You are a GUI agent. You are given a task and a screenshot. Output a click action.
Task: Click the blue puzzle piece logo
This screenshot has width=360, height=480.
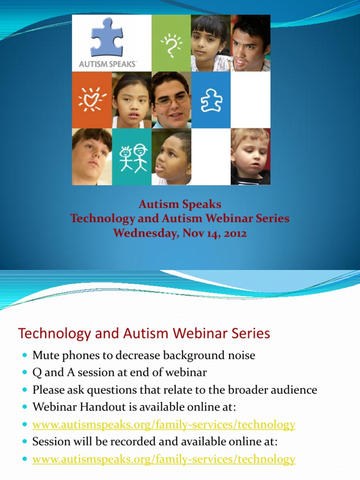point(107,37)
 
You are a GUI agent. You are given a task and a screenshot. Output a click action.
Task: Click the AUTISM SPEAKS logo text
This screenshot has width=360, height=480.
point(107,64)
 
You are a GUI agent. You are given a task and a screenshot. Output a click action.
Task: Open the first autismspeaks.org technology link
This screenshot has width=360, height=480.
point(164,425)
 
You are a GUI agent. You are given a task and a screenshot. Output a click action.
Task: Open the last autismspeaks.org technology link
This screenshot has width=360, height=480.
point(164,459)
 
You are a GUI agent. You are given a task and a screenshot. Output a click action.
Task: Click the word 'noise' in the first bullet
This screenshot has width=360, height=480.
point(240,355)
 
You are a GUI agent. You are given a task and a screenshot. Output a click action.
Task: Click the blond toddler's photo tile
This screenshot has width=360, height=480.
point(250,157)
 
